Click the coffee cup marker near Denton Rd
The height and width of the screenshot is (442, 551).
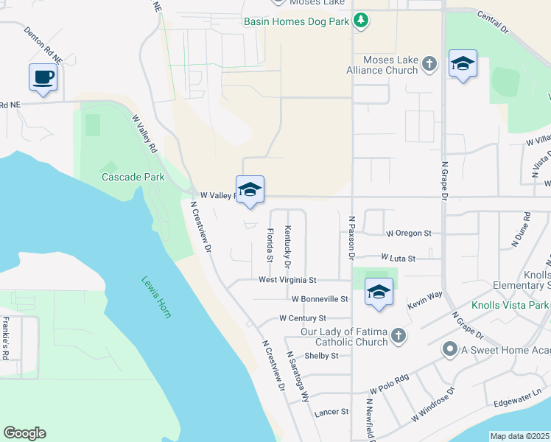(x=43, y=77)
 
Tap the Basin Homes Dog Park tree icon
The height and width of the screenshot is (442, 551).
(x=361, y=21)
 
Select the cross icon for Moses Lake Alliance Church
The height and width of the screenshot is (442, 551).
(x=430, y=65)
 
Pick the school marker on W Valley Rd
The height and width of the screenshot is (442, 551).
(x=250, y=189)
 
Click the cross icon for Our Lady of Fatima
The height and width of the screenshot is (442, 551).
(x=398, y=337)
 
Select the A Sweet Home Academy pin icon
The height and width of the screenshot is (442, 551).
(x=449, y=348)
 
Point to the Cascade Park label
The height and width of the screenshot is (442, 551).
(x=132, y=177)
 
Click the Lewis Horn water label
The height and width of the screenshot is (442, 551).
(x=157, y=297)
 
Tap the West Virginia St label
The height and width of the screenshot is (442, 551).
(x=287, y=280)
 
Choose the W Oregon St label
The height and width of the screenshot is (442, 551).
(x=408, y=234)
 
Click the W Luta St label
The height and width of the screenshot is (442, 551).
(x=399, y=258)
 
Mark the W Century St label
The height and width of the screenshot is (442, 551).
(x=302, y=318)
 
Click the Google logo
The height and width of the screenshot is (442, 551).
(x=24, y=433)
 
